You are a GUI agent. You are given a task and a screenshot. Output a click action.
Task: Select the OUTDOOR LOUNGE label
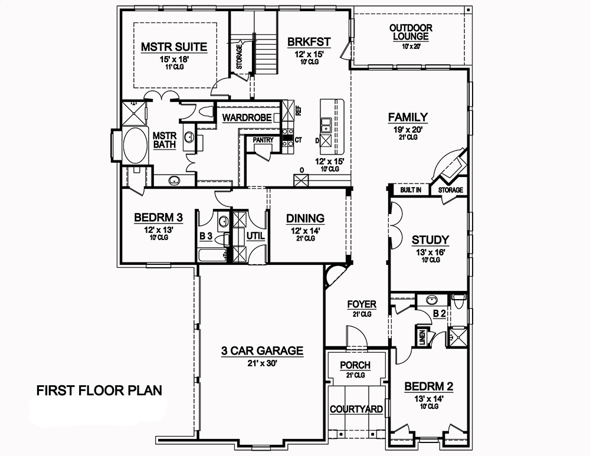click(x=411, y=32)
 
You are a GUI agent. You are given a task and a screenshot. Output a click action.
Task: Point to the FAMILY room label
click(x=408, y=117)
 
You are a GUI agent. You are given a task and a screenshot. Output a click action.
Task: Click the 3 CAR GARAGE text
click(x=262, y=351)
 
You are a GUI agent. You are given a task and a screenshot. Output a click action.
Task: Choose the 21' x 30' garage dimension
click(x=262, y=363)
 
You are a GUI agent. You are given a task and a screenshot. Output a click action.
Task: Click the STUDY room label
click(x=430, y=240)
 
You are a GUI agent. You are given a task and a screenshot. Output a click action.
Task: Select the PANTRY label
click(x=263, y=140)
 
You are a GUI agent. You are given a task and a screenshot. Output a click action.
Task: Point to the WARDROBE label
click(x=247, y=118)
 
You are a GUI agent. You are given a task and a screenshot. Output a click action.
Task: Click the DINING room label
click(x=305, y=219)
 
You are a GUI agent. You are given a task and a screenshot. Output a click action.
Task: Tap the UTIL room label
click(x=255, y=236)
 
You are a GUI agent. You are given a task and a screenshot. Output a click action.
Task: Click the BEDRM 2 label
click(x=428, y=387)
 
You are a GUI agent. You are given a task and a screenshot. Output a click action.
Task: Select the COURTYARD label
click(x=356, y=409)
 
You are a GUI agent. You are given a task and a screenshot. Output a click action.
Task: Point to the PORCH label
click(x=355, y=365)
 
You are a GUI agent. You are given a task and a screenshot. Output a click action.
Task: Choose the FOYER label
click(x=362, y=304)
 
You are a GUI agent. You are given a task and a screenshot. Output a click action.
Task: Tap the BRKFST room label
click(x=309, y=42)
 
